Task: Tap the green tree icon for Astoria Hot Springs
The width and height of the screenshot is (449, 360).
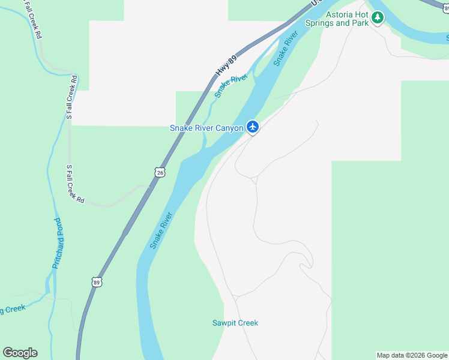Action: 377,17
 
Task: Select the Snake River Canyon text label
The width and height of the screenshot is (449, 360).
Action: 206,128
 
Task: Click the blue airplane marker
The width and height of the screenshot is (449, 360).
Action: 253,127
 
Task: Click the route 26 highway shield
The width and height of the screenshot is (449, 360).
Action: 159,172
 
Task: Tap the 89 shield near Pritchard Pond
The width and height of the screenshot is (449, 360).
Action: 97,281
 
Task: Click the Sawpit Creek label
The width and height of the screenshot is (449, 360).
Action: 235,323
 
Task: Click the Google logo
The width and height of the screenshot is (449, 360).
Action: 20,353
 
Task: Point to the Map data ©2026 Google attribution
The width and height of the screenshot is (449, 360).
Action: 412,355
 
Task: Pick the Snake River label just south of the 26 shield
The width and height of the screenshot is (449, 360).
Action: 161,230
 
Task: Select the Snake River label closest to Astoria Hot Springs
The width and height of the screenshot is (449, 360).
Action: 286,49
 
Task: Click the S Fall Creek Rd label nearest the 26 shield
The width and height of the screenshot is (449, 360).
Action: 75,184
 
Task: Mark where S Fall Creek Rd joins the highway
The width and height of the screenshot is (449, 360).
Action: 148,187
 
